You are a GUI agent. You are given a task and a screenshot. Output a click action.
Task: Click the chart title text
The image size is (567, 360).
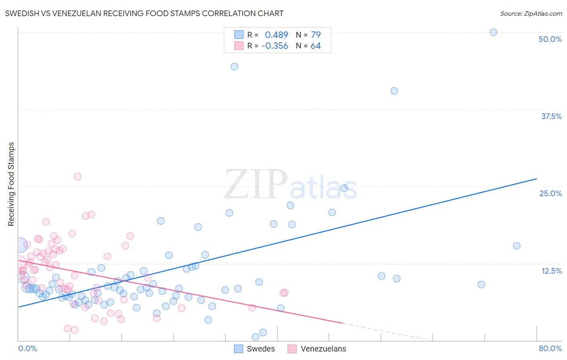tap(144, 13)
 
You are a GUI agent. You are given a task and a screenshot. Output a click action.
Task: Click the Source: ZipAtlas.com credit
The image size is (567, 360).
tap(531, 13)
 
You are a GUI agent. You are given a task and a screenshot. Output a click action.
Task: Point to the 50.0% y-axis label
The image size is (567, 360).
tap(550, 39)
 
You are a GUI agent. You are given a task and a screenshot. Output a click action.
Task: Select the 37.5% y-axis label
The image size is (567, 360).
tap(551, 116)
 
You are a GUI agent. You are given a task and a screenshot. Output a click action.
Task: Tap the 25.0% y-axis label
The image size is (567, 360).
tap(550, 193)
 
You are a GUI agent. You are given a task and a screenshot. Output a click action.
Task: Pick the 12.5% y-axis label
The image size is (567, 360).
tap(551, 271)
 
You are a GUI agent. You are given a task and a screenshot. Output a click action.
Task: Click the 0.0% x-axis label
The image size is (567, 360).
tap(27, 348)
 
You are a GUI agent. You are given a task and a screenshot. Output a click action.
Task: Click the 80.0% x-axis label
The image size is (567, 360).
tap(550, 348)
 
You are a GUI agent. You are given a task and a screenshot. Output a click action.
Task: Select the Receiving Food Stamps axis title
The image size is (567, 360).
tap(11, 184)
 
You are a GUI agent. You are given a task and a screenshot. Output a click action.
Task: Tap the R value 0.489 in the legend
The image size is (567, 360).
tap(276, 35)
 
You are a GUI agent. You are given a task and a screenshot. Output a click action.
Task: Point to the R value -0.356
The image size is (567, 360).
tap(275, 46)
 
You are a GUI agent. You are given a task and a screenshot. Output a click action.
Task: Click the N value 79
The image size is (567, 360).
tap(316, 35)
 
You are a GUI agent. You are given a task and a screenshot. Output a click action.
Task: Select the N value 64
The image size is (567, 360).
tap(315, 46)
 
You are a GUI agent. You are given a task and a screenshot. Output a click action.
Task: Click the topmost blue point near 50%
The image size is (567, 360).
tap(493, 32)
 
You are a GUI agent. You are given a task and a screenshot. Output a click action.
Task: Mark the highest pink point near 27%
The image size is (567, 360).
tap(77, 176)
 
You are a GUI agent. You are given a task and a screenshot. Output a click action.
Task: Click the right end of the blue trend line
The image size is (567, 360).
tap(536, 178)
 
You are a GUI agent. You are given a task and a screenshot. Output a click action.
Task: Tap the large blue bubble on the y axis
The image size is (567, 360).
tap(20, 245)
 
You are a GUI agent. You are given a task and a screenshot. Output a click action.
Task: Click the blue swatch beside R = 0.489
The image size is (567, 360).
tap(239, 35)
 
